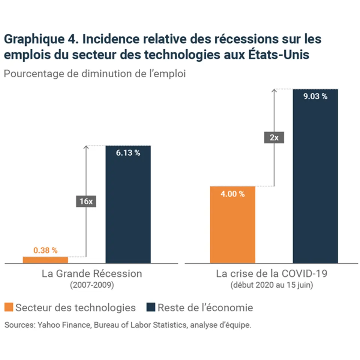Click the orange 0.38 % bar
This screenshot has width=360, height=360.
[x=45, y=259]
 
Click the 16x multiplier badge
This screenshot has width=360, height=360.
[x=86, y=201]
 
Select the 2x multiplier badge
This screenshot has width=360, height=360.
[x=274, y=138]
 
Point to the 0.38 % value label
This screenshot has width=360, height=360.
[x=45, y=250]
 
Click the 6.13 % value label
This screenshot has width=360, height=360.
[x=128, y=153]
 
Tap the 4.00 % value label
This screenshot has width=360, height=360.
[x=233, y=194]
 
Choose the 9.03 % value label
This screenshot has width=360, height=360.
[x=315, y=97]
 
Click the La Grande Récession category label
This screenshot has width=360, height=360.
[x=92, y=274]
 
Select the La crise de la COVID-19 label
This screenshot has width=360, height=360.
[x=272, y=274]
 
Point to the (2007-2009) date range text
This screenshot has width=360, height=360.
[x=92, y=285]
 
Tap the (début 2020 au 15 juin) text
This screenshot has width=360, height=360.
[x=272, y=285]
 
